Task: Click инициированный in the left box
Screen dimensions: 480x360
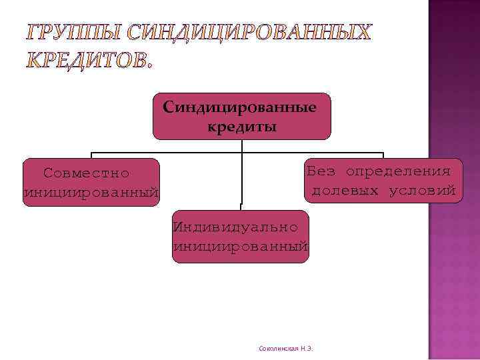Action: coord(91,193)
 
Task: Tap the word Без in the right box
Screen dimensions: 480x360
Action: coord(321,171)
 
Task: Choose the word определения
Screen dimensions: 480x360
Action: coord(403,171)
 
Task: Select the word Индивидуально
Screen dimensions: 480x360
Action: coord(235,226)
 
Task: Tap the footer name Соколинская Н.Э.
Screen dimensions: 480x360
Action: coord(285,349)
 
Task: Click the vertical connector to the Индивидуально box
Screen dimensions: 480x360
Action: coord(241,180)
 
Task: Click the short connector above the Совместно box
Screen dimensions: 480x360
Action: coord(91,155)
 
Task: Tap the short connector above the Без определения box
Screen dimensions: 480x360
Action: coord(383,155)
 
